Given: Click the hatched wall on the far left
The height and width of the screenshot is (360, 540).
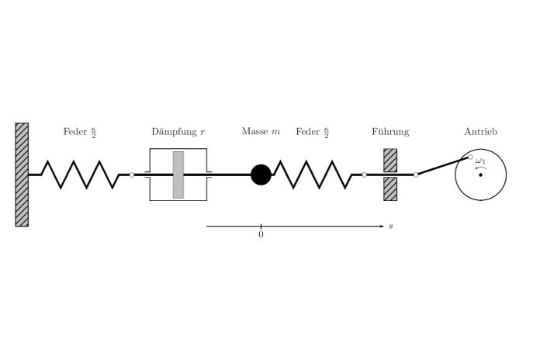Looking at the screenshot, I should coord(22,175).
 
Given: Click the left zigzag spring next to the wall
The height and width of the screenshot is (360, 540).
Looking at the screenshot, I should coord(80,175).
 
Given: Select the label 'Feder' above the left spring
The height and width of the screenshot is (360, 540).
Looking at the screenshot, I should coord(74,133).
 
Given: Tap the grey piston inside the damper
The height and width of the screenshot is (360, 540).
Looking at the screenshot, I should coord(178,175).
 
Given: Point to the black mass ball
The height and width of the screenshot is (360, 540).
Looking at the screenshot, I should coord(261,175).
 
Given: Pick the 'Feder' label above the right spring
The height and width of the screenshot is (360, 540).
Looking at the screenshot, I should coord(307,133).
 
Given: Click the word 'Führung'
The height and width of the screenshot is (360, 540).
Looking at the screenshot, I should coord(390,133).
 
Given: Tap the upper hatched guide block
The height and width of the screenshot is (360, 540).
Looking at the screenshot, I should coord(390,160).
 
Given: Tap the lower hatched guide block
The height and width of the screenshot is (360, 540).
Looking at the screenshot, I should coord(390,189).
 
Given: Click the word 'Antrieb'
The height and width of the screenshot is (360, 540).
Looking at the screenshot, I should coord(480,133).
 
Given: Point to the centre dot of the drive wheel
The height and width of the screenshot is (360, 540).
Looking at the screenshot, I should coord(481,175).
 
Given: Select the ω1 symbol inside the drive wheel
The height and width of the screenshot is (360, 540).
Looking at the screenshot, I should coord(481,162).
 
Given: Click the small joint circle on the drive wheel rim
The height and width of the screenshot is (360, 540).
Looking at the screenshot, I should coord(470,157).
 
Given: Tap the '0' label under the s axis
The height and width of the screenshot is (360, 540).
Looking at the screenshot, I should coord(261,234).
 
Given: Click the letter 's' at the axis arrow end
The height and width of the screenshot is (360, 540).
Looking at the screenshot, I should coord(391,227).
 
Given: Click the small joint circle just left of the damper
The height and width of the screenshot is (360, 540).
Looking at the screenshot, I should coord(133,175).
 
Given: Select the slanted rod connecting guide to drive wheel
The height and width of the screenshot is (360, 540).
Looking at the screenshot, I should coord(443,166).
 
